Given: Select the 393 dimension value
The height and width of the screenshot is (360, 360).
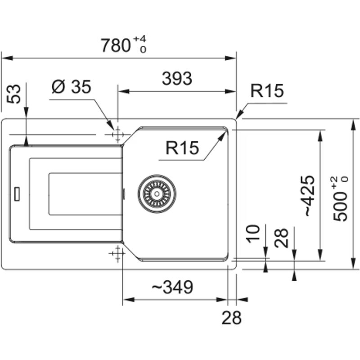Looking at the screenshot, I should point(177,79).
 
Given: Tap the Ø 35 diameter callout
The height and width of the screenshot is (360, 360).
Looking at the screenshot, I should point(71,87).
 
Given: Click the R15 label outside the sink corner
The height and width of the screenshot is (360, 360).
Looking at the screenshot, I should point(267,91).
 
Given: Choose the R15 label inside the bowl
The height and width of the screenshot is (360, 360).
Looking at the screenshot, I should point(182,148).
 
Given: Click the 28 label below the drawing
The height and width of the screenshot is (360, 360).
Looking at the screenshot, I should point(232,318).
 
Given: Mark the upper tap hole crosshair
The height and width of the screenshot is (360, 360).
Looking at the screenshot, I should point(117,135).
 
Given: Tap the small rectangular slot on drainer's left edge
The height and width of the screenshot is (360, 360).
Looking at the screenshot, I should point(17,193).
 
